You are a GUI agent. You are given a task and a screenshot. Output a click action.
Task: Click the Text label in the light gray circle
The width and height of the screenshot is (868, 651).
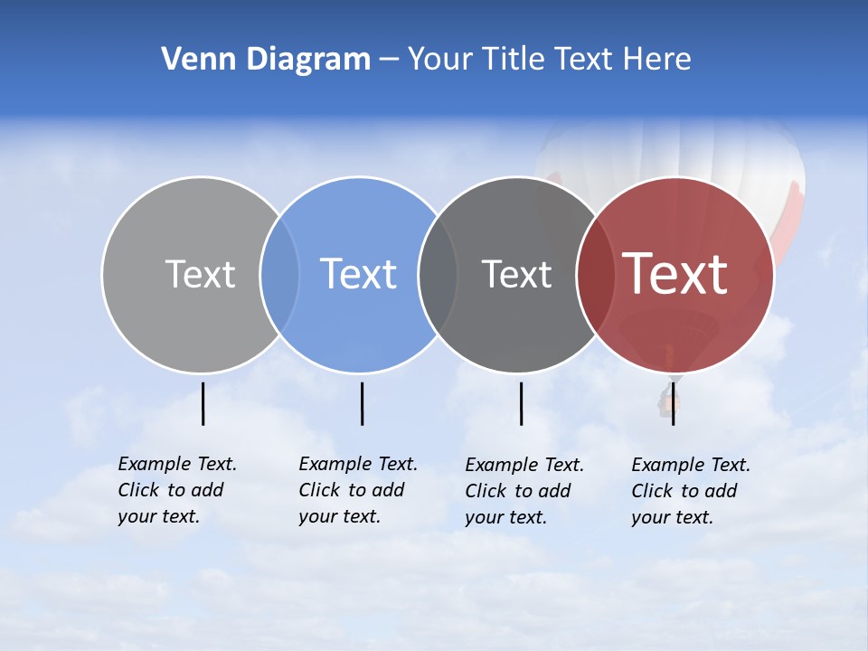pos(200,274)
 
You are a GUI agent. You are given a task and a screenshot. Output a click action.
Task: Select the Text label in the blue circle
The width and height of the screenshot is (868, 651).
pos(359,274)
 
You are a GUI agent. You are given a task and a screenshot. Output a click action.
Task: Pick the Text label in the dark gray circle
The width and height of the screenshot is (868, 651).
pos(516,274)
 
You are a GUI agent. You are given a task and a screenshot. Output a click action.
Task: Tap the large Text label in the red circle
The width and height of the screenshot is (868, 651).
pos(675,274)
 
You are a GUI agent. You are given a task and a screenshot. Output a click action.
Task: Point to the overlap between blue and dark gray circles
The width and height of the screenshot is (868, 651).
pos(438,275)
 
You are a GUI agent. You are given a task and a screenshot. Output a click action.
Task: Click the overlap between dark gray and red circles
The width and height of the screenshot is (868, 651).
pos(596,275)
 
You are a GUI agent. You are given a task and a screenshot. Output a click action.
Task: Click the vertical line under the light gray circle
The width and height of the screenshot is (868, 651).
pos(203,403)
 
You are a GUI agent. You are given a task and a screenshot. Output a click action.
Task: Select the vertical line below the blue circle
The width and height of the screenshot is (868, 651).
pos(362,403)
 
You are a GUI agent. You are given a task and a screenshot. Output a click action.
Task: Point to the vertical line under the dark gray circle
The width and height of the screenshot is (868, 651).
pos(521,403)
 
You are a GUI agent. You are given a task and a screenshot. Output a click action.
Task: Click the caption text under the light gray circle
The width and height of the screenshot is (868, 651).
pos(176,490)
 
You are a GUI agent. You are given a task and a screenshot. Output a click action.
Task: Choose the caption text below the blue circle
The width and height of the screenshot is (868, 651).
pos(357,490)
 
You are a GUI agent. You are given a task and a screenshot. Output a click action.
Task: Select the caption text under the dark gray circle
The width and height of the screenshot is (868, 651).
pos(524,491)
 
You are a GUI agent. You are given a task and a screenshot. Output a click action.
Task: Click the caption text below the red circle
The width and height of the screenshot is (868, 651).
pos(690,491)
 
